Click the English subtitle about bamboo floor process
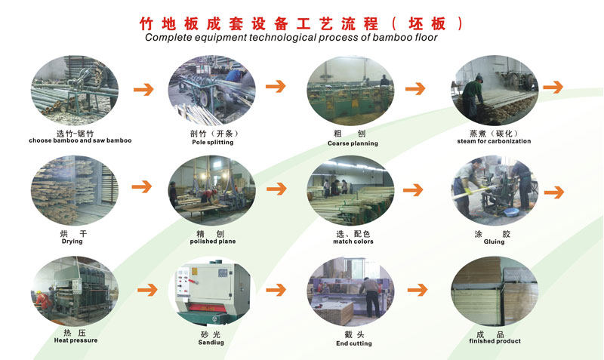291,37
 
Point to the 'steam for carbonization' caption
494,141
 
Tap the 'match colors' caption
353,242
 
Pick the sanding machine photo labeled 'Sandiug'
212,289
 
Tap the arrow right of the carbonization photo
553,87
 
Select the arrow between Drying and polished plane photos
141,186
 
